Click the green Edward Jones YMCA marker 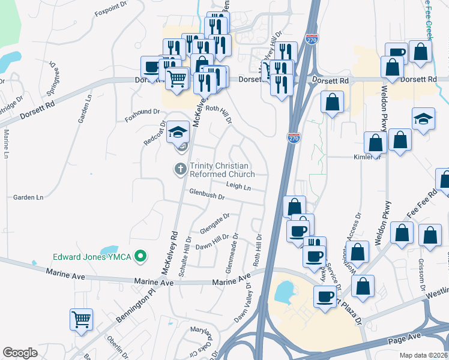(141, 257)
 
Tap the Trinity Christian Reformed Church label (222, 170)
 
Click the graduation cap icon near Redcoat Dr (177, 131)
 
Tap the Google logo (20, 353)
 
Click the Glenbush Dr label (206, 196)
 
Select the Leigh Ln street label (238, 187)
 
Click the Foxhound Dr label (143, 112)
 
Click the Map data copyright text (423, 355)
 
